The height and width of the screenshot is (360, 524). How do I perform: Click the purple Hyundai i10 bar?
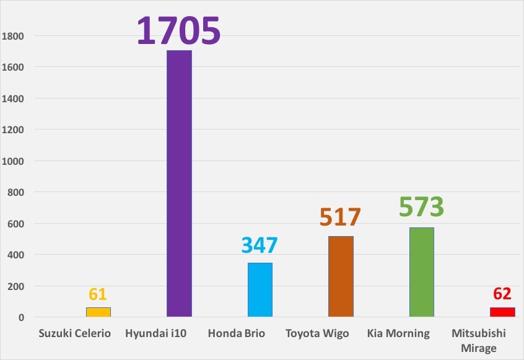[x=179, y=183]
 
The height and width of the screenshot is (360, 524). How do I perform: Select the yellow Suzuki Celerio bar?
[x=98, y=312]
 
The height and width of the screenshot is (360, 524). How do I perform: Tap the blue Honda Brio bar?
[x=260, y=290]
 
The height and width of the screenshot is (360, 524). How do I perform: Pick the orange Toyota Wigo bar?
[x=341, y=276]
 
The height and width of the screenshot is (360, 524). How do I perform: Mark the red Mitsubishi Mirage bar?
[x=502, y=312]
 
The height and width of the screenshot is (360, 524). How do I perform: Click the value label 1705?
[x=179, y=30]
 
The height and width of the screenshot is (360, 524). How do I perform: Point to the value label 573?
[x=422, y=207]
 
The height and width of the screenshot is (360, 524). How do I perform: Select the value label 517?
[x=341, y=217]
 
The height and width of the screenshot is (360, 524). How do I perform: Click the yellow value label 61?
[x=98, y=294]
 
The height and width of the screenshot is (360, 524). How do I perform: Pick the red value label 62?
[x=502, y=294]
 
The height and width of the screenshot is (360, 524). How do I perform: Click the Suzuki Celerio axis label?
[x=74, y=333]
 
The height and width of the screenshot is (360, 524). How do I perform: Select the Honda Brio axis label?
[x=237, y=333]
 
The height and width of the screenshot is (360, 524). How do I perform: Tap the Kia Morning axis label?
[x=398, y=333]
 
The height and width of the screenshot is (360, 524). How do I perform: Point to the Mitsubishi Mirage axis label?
[x=479, y=340]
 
